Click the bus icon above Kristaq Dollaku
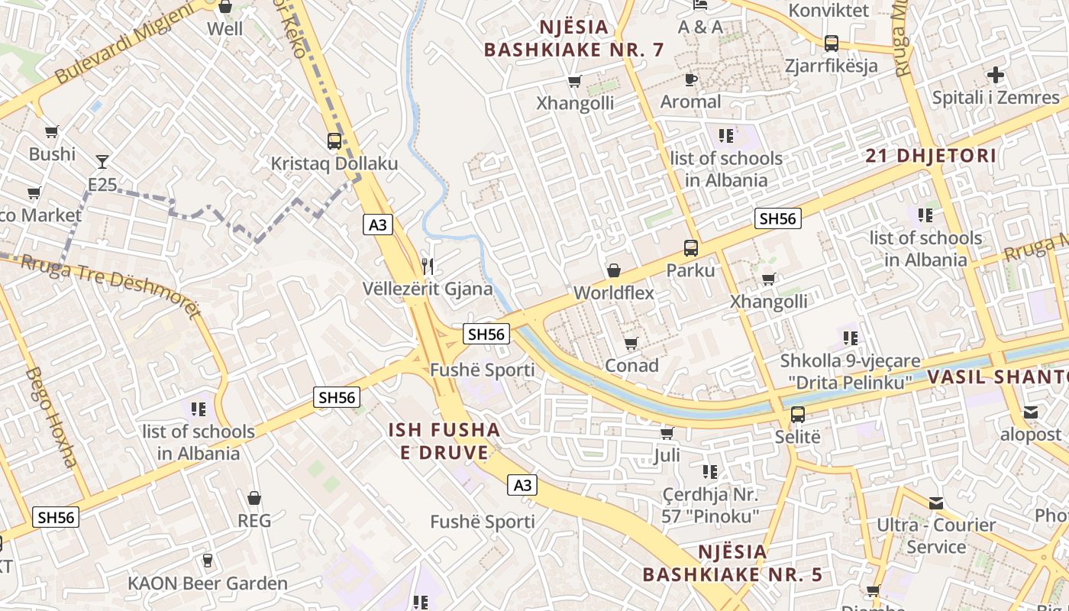(334, 141)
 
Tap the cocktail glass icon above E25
(102, 161)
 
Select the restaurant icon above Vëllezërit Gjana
(428, 266)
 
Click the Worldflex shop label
(613, 293)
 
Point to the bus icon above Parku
(690, 248)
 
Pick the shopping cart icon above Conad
(631, 343)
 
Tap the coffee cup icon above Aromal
(690, 79)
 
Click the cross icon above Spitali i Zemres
(995, 76)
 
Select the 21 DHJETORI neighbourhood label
(931, 156)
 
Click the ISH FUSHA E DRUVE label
(444, 441)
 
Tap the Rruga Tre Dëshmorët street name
(111, 286)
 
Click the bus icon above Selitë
(797, 415)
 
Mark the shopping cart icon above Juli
(667, 433)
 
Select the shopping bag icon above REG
(254, 498)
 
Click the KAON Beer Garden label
(208, 584)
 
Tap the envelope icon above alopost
(1031, 412)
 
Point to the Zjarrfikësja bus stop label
(832, 66)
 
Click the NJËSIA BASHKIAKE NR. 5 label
(733, 563)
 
